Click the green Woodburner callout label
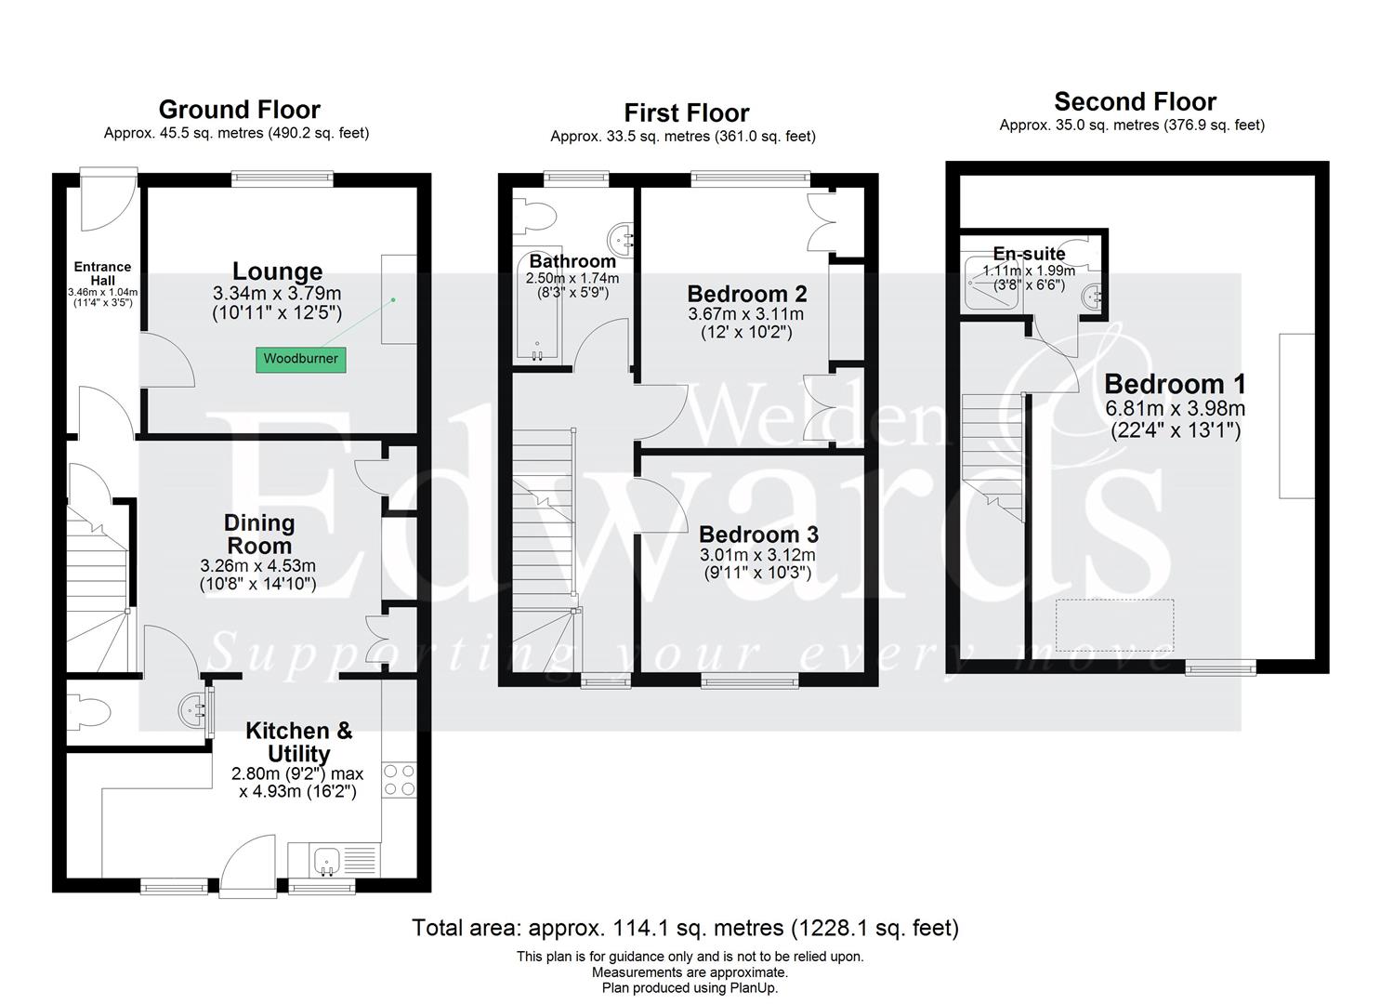tap(300, 359)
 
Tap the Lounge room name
tap(277, 271)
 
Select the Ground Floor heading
tap(239, 110)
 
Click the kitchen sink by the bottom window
tap(328, 861)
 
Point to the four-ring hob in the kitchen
tap(400, 779)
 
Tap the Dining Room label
tap(260, 535)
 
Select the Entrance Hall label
tap(102, 273)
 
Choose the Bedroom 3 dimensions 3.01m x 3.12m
tap(756, 555)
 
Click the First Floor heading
tap(686, 113)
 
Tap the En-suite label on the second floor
tap(1029, 254)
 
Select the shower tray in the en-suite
tap(993, 290)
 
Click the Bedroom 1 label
tap(1175, 384)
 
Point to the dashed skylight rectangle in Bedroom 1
tap(1114, 624)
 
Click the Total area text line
tap(685, 928)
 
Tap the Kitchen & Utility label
tap(298, 742)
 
